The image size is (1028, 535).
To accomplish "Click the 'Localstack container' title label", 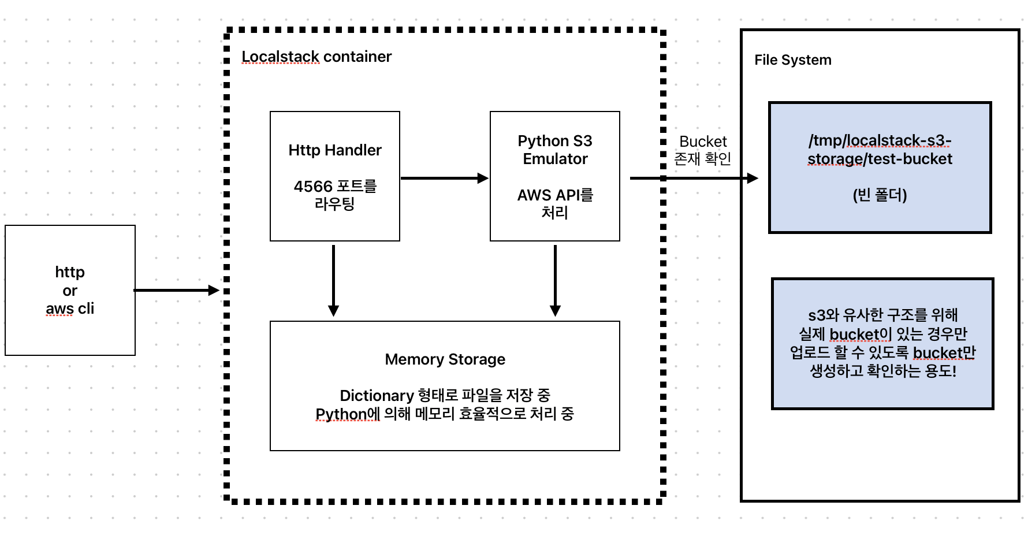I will [316, 57].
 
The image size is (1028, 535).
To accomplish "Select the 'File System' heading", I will [792, 60].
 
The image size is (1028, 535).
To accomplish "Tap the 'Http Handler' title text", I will [335, 150].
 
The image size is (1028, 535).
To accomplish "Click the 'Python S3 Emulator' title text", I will [555, 150].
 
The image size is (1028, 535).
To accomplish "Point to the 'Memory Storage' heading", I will [445, 359].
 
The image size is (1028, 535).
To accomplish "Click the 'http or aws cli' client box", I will [70, 290].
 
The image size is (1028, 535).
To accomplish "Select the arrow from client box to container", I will [176, 290].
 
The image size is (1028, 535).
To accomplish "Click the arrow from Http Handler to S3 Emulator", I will [444, 178].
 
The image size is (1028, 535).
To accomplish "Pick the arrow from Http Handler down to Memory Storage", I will [333, 280].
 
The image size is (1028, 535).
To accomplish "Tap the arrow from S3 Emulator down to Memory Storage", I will [555, 280].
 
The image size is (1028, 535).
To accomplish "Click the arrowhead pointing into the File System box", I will [752, 178].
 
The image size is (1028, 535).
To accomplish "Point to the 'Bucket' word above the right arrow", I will [703, 142].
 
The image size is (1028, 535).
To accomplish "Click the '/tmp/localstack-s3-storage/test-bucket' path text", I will [880, 150].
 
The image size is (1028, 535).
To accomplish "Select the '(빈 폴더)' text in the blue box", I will [880, 195].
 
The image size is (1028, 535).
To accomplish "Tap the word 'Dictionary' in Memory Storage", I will [377, 396].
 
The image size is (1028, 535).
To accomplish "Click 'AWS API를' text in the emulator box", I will [555, 195].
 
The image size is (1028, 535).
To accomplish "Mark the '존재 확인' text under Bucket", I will [703, 158].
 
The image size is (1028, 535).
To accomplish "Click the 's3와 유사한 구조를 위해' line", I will [882, 315].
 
